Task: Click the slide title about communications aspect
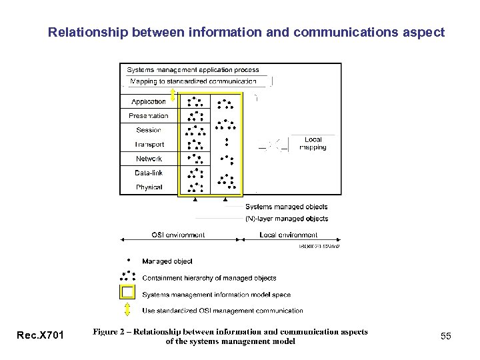[246, 31]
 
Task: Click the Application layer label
[149, 101]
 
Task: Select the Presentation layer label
[149, 116]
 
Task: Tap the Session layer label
[149, 130]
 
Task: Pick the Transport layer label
[149, 145]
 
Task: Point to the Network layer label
[149, 159]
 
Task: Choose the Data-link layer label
[149, 173]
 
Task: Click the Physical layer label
[149, 187]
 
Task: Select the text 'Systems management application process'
[193, 69]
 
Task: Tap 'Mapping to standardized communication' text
[193, 81]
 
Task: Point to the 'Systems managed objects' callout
[286, 207]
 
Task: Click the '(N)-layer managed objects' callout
[287, 218]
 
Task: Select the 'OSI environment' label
[178, 235]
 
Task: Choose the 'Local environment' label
[289, 235]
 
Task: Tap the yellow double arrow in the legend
[127, 310]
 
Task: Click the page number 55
[445, 337]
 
